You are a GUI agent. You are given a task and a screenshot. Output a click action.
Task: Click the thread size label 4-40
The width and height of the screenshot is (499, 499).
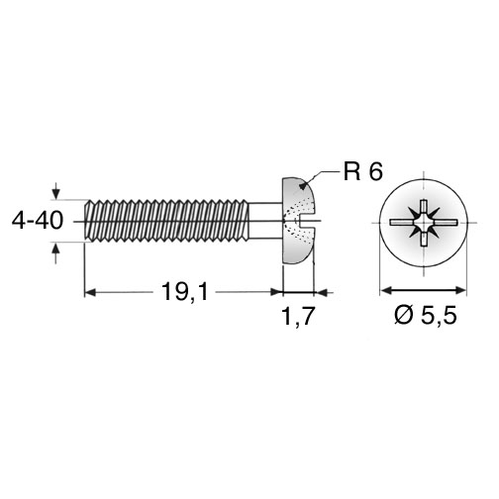click(38, 221)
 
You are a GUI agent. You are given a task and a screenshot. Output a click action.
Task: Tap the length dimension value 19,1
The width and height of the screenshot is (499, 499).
click(185, 292)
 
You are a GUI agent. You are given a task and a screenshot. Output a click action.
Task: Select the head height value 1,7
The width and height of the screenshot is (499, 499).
click(298, 316)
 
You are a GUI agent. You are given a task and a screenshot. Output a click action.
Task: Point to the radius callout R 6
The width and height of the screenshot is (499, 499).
click(363, 171)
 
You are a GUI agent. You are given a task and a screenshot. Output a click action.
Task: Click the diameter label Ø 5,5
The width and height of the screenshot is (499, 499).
click(426, 315)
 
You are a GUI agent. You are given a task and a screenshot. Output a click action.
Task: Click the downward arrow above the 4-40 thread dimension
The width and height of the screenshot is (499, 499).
click(56, 191)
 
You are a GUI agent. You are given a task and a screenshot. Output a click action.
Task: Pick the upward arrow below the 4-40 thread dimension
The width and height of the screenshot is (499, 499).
click(56, 252)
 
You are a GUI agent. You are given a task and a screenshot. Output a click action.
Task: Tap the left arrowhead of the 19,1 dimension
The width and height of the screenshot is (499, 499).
click(90, 292)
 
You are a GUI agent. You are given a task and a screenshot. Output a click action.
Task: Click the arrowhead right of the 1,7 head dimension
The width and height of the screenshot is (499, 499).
click(322, 292)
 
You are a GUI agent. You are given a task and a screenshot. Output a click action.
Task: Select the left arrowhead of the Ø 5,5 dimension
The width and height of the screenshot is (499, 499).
click(386, 290)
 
